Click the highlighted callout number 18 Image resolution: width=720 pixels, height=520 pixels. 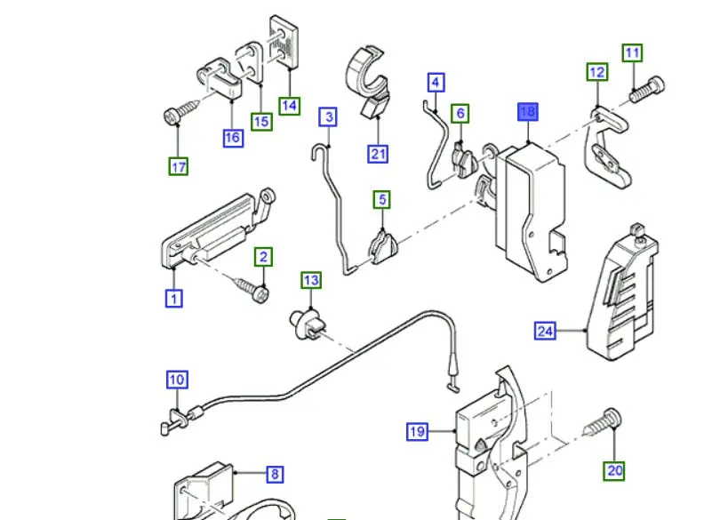[x=528, y=112]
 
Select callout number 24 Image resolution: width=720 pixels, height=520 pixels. [x=545, y=331]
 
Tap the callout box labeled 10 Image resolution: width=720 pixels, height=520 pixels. [x=177, y=380]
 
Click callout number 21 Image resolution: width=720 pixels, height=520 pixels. [x=378, y=154]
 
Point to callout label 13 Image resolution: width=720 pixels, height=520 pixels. [x=311, y=280]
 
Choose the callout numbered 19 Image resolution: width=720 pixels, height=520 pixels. [x=417, y=431]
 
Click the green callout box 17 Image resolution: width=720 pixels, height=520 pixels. [x=178, y=166]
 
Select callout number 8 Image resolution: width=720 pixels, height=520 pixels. [x=275, y=474]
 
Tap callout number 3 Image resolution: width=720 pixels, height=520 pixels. [x=328, y=116]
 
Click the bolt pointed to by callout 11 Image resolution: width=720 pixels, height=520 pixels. [x=647, y=90]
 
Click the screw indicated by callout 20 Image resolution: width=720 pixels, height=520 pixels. [x=602, y=422]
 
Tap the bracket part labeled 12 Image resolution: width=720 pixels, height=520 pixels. [x=607, y=147]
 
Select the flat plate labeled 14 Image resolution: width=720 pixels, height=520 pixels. [x=284, y=43]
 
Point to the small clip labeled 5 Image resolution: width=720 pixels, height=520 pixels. [x=383, y=247]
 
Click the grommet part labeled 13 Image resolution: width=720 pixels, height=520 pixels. [x=307, y=324]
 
